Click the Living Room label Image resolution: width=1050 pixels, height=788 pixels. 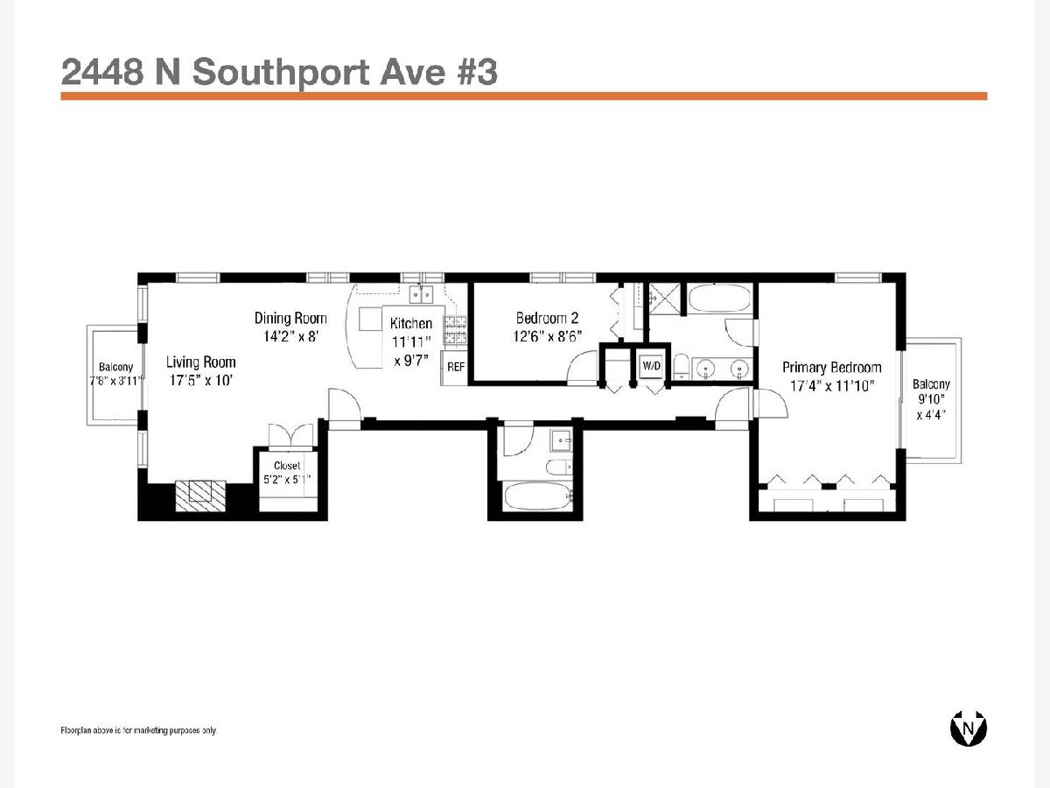tap(201, 362)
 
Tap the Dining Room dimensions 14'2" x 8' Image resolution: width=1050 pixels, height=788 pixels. tap(290, 336)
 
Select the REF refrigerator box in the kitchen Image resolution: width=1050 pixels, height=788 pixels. tap(454, 368)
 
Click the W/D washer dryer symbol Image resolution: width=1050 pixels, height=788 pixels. tap(651, 367)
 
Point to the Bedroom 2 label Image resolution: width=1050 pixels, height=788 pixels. tap(547, 318)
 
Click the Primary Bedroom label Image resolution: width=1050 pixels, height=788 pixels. tap(832, 368)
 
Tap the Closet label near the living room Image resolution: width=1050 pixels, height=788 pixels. tap(287, 466)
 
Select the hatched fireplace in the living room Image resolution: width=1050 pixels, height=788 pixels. tap(200, 496)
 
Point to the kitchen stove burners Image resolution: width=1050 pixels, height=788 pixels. tap(455, 330)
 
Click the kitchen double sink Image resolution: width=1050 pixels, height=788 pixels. tap(422, 295)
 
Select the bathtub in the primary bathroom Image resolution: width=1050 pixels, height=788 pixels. tap(719, 299)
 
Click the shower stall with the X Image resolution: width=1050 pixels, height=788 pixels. tap(664, 299)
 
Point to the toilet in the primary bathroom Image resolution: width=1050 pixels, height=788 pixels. tap(680, 367)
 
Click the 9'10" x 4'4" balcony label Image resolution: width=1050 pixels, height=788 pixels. tap(931, 399)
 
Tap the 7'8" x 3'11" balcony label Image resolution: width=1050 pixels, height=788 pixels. tap(116, 375)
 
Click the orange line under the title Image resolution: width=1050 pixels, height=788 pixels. tap(524, 96)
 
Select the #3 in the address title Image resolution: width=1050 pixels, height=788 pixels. tap(478, 72)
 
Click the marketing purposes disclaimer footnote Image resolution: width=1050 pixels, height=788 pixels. tap(139, 730)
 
